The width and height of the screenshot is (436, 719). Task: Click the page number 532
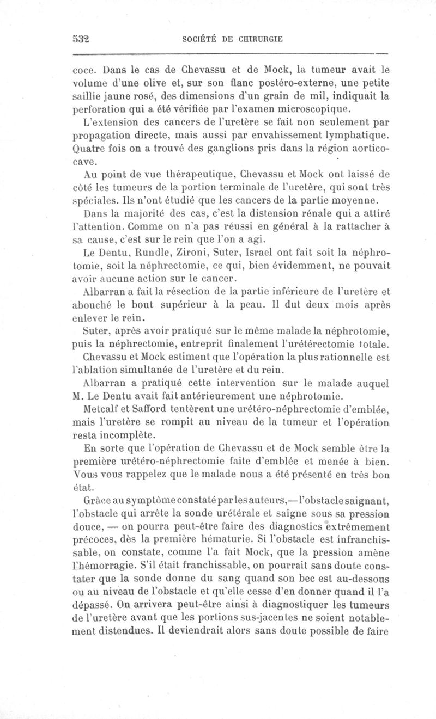[x=80, y=39]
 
